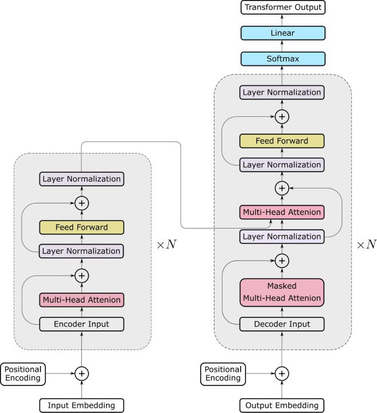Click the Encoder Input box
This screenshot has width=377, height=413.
pos(82,324)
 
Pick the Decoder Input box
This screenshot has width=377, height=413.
pos(281,324)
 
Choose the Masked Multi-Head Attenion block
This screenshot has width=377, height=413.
pos(281,292)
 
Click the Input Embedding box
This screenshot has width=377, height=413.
pos(82,406)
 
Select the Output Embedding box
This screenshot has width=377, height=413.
pos(281,406)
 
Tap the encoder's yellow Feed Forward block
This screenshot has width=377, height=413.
pos(82,227)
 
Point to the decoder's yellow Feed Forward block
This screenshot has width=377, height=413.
pos(281,140)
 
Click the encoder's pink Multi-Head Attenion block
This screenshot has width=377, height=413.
pos(82,299)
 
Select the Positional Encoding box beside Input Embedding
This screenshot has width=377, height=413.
pos(22,373)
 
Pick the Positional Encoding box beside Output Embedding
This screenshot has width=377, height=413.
pos(223,373)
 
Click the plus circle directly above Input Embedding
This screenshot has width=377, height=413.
pos(82,373)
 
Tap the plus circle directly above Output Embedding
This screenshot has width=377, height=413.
pos(281,373)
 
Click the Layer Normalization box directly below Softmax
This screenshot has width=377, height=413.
pos(281,92)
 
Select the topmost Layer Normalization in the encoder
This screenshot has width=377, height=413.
pos(82,179)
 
